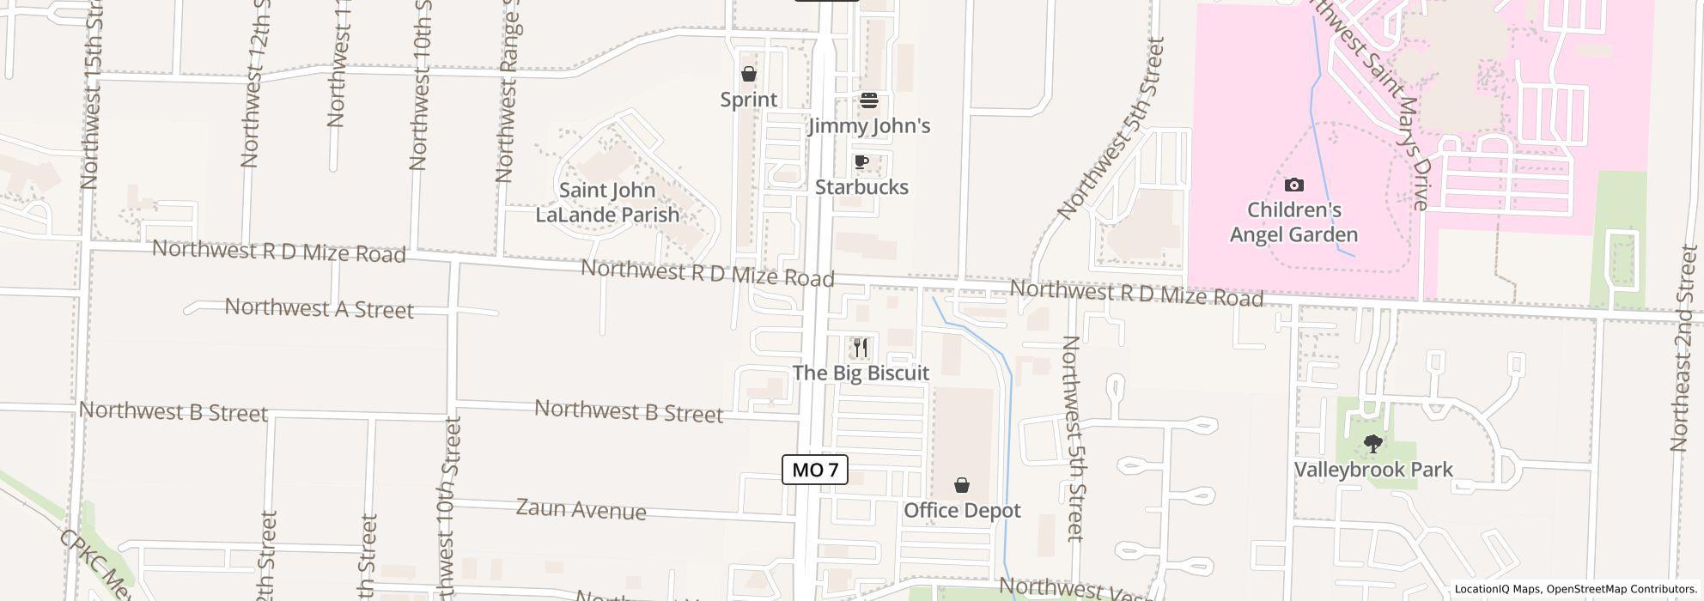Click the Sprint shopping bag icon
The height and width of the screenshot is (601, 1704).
pos(749,75)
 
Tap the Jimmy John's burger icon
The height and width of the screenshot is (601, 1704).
pos(869,101)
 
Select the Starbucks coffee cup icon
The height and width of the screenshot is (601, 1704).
pos(861,162)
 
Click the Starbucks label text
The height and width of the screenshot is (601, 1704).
pos(861,187)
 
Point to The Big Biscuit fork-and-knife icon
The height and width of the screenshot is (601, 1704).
pos(861,348)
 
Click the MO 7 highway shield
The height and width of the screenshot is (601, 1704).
pos(814,470)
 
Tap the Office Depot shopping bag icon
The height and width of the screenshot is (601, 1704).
pos(962,486)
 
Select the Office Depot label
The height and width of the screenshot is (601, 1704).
pos(962,511)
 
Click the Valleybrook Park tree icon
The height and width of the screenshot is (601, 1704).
pos(1373,445)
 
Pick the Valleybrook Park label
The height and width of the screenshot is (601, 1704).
pos(1373,470)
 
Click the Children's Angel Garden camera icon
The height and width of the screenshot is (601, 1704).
pos(1293,185)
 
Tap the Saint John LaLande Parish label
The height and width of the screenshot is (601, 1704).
pos(607,203)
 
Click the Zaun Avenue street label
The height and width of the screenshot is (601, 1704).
pos(581,509)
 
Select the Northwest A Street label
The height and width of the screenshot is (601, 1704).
pos(319,308)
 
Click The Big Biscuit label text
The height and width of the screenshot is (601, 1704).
pos(861,373)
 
